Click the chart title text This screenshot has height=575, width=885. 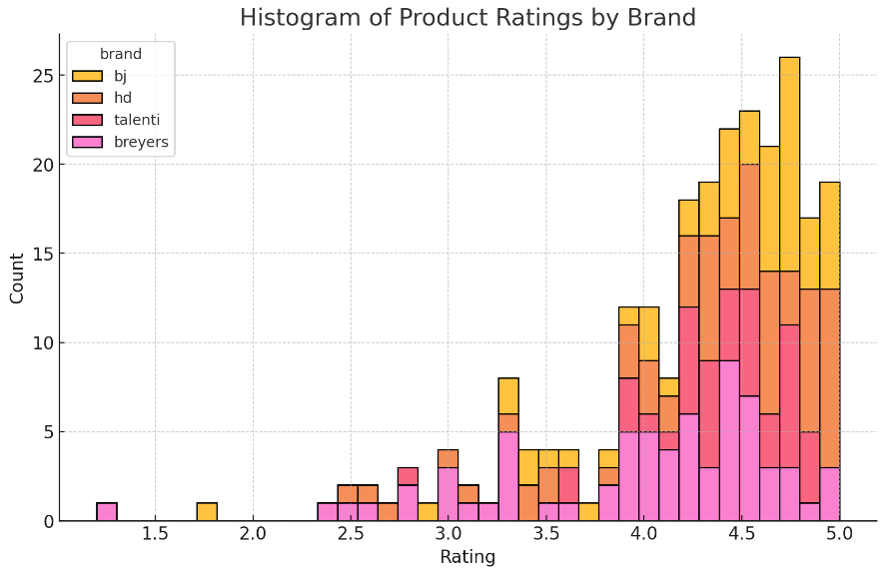tap(467, 18)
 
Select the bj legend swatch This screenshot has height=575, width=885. tap(87, 76)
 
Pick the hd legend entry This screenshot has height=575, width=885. tap(87, 98)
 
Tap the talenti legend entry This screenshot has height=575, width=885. tap(87, 120)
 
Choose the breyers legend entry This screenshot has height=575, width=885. tap(87, 142)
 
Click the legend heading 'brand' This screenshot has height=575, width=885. tap(120, 54)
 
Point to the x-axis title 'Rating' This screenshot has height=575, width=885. tap(467, 557)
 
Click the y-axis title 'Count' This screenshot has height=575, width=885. tap(17, 278)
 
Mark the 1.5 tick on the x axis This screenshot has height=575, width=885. tap(155, 534)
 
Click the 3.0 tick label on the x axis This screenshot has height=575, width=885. tap(448, 534)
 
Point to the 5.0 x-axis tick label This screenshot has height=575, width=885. tap(839, 534)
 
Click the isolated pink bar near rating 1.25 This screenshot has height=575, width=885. tap(107, 512)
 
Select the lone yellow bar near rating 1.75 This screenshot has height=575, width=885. tap(207, 512)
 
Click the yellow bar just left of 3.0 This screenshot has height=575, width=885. tap(428, 512)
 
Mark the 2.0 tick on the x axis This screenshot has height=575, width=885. tap(253, 534)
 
